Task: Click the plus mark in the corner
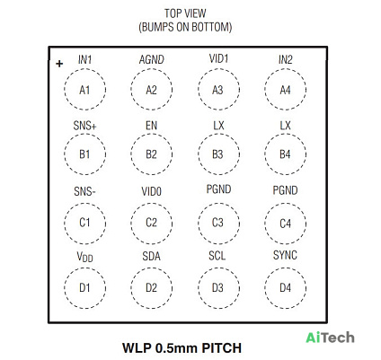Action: (x=59, y=64)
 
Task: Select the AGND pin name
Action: (x=152, y=60)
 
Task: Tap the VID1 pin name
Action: (x=218, y=58)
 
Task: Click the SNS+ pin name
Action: (x=84, y=126)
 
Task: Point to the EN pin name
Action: (x=151, y=126)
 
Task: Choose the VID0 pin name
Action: (x=151, y=191)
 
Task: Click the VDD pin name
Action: (x=84, y=257)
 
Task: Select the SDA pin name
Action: (x=151, y=256)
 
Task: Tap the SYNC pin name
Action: (x=285, y=255)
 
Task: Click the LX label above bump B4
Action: (x=285, y=126)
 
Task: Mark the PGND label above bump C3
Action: (x=218, y=189)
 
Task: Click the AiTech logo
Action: (x=330, y=338)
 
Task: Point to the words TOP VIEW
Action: (x=185, y=13)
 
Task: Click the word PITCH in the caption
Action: (x=221, y=348)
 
